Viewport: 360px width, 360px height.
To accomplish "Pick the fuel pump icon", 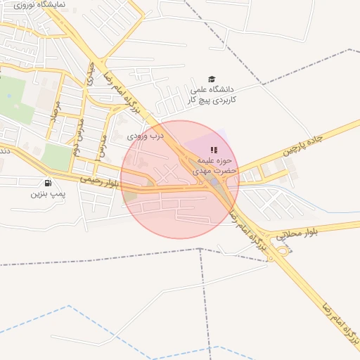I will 47,182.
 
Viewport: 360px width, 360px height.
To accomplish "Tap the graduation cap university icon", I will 212,79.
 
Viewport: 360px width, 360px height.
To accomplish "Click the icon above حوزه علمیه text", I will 214,150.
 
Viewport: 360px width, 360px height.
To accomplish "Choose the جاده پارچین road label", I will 302,144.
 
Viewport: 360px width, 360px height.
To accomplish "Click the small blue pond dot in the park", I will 9,95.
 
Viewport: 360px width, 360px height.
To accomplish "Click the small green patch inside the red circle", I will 130,195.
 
